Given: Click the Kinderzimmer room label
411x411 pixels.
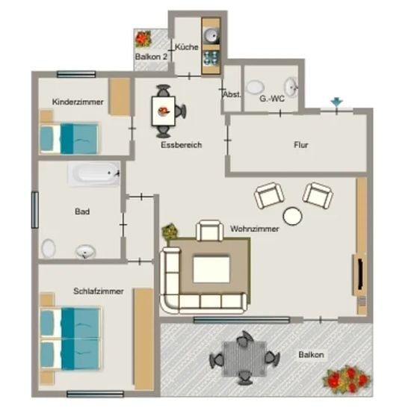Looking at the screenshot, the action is (78, 102).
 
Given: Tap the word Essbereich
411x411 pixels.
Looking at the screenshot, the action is (182, 145).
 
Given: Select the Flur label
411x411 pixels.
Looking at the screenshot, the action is (301, 145).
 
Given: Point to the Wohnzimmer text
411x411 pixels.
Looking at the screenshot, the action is (254, 229).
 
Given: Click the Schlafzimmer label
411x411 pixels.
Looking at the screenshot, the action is (99, 291).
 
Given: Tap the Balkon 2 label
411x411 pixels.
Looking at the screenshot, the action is (151, 57).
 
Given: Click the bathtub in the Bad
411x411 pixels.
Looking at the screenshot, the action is (94, 173).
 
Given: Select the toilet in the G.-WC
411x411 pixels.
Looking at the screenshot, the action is (256, 87).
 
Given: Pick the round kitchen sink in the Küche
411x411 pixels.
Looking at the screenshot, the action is (211, 35).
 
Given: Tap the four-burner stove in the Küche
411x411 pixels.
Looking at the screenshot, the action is (211, 58).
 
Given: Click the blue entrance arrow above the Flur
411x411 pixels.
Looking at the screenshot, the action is (336, 102).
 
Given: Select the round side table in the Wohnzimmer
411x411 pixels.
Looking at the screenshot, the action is (292, 216).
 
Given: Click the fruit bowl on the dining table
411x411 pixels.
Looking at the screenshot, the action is (164, 111).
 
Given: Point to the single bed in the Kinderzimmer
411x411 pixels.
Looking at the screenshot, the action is (69, 138).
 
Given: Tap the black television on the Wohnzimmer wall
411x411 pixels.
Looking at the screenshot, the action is (361, 274).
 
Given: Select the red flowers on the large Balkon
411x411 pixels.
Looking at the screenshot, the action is (346, 380).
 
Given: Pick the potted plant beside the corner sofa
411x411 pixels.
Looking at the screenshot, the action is (170, 232).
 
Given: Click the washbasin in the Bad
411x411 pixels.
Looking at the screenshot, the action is (85, 252).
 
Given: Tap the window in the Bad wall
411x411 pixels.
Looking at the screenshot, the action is (35, 210).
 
